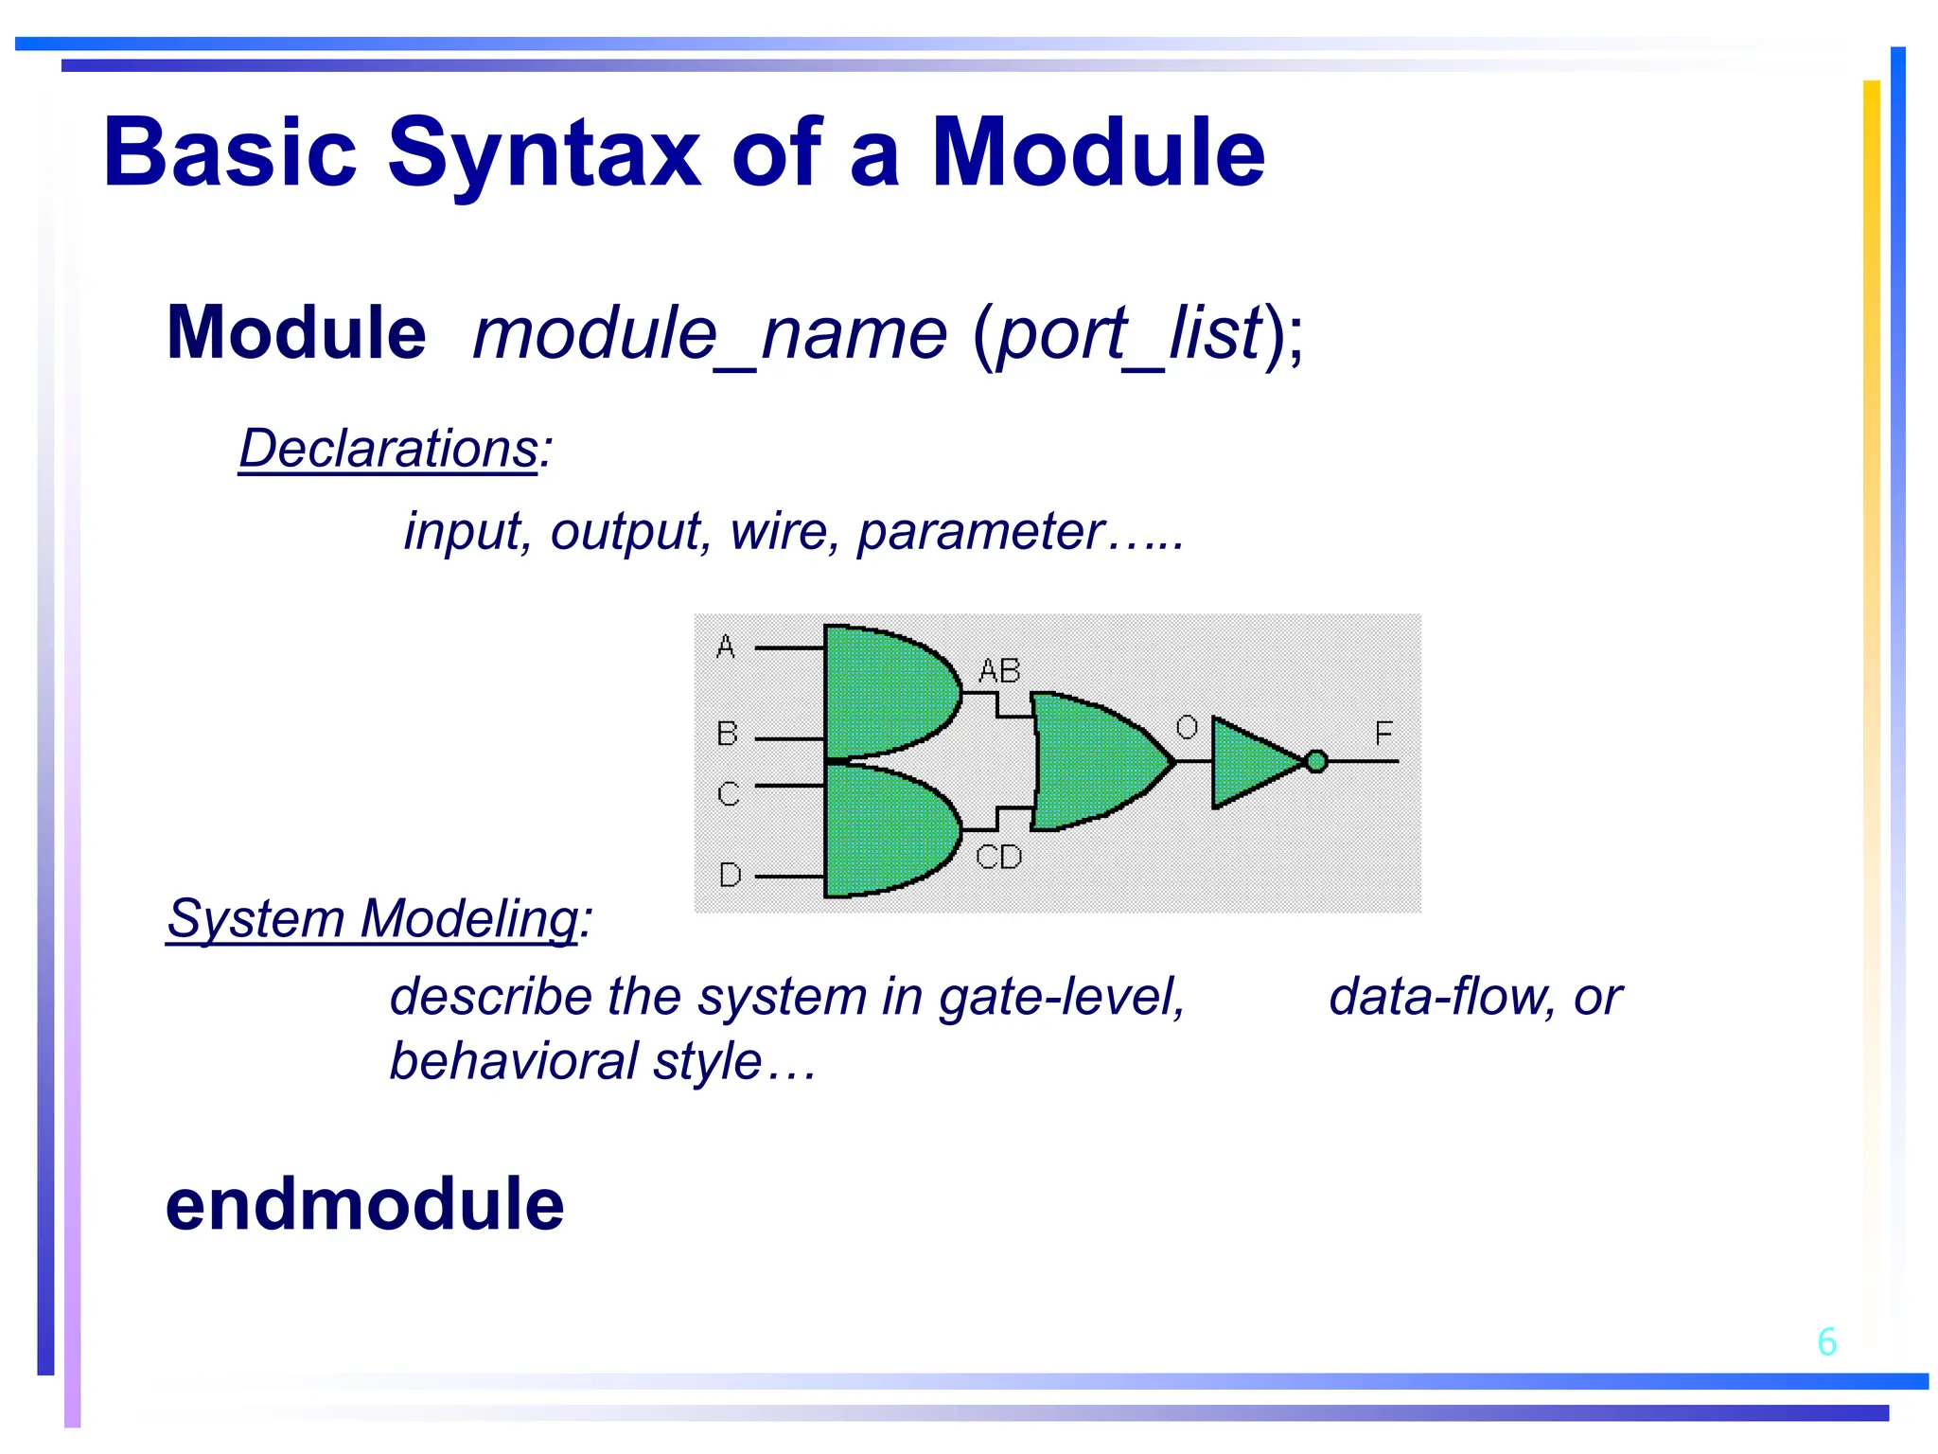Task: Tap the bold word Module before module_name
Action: coord(296,333)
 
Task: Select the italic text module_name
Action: coord(710,335)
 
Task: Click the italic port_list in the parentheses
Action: coord(1130,335)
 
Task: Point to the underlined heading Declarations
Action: coord(389,449)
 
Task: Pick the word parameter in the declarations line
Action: coord(980,532)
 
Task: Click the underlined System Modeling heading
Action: coord(373,919)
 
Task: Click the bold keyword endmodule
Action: coord(364,1205)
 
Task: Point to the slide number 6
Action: coord(1826,1342)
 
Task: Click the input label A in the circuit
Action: coord(726,647)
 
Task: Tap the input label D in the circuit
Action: coord(730,875)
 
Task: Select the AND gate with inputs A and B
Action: coord(885,692)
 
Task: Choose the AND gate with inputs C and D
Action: coord(885,830)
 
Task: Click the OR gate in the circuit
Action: coord(1093,761)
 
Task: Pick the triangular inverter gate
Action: coord(1251,762)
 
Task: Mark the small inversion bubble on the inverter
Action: coord(1316,761)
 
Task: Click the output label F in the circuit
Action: coord(1383,734)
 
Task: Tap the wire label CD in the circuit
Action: coord(999,858)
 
